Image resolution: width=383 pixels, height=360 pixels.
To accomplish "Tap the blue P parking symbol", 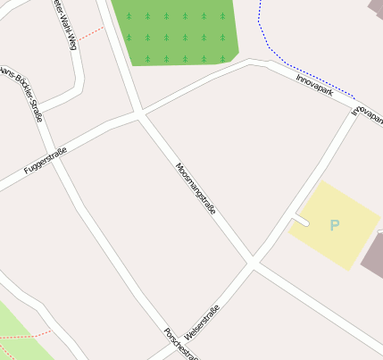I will [335, 225].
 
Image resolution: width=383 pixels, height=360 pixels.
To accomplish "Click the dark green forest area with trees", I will [179, 31].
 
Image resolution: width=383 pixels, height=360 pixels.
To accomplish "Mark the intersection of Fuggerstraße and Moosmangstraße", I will [138, 113].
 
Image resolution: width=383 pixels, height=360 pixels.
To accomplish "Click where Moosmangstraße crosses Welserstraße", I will [253, 264].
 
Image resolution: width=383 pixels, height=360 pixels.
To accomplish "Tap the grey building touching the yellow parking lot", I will [373, 255].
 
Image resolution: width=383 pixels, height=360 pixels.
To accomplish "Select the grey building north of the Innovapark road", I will [376, 9].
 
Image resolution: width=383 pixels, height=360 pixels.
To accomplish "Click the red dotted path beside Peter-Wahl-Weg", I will [89, 34].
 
